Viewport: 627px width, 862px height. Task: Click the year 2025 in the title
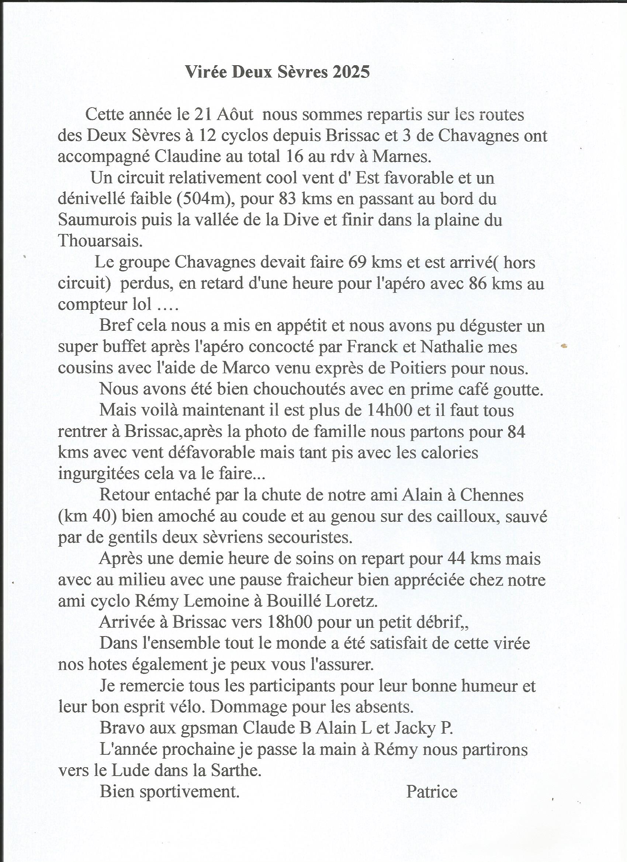(x=351, y=72)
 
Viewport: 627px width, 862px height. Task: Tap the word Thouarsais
(x=100, y=241)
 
